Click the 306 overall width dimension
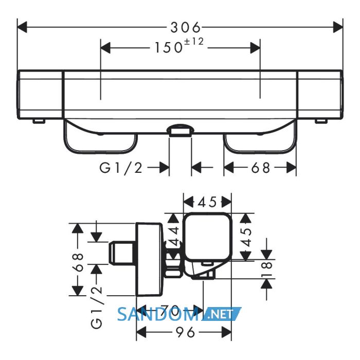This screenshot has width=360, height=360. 185,28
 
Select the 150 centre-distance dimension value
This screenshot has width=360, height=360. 169,48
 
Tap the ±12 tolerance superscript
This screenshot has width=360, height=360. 194,42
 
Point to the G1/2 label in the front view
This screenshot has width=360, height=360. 121,168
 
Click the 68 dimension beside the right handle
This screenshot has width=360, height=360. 260,168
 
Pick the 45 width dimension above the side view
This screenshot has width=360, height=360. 207,202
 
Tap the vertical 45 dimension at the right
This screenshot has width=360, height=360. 246,237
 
